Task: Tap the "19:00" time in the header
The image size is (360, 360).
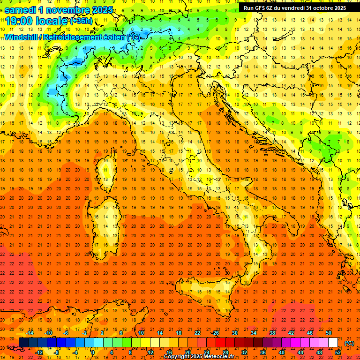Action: [18, 21]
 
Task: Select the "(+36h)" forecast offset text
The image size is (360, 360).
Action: [81, 21]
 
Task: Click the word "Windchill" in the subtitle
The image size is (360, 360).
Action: [22, 37]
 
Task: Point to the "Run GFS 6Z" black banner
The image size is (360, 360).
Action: [294, 8]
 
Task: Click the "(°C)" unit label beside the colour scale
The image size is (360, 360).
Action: [349, 343]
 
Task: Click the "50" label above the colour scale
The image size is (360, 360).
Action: [328, 333]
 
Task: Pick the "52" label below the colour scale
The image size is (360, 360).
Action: [338, 352]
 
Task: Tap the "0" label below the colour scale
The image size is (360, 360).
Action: [93, 352]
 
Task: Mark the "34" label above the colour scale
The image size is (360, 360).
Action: [254, 333]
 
